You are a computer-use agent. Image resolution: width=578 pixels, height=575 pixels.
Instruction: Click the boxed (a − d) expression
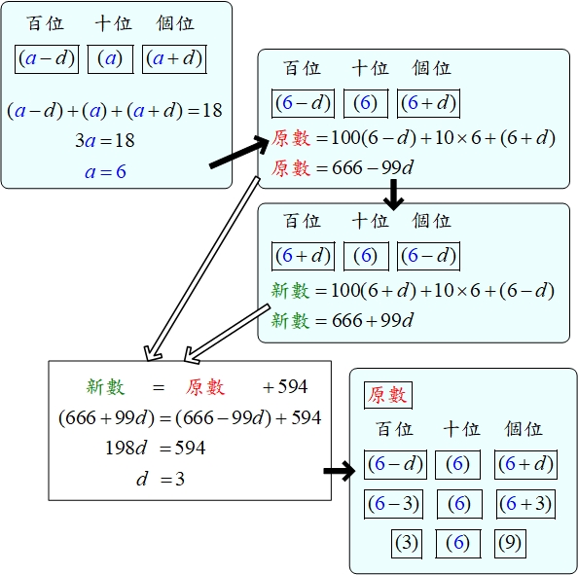(47, 59)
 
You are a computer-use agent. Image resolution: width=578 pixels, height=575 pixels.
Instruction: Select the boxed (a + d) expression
(174, 59)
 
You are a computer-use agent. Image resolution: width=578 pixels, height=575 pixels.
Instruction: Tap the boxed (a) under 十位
(110, 59)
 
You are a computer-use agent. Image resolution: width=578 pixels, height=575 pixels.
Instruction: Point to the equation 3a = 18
(105, 140)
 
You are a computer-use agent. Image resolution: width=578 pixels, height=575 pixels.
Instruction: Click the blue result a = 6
(105, 172)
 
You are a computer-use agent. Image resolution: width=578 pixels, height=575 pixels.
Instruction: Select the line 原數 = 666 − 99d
(343, 168)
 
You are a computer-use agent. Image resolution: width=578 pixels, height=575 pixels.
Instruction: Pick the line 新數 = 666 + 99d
(343, 320)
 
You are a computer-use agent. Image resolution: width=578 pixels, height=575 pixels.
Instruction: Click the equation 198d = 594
(155, 449)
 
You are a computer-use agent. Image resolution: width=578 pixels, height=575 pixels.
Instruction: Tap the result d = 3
(161, 479)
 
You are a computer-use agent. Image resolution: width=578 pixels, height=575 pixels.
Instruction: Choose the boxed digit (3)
(406, 544)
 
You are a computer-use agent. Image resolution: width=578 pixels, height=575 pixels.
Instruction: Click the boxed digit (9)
(510, 544)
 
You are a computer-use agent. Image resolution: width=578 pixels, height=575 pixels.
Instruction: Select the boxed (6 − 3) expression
(393, 504)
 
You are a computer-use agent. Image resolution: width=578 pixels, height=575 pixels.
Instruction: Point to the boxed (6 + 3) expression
(525, 504)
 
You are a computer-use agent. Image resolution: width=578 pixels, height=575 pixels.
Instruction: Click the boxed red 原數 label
(388, 395)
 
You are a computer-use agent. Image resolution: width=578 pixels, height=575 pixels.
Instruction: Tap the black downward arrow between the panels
(394, 195)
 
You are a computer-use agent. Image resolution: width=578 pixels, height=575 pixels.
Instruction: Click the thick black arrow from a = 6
(239, 152)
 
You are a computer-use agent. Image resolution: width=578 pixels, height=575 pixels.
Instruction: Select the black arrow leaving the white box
(340, 471)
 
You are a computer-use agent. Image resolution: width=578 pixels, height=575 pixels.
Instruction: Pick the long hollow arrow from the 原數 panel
(202, 269)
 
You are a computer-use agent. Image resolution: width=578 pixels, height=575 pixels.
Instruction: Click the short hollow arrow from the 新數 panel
(227, 334)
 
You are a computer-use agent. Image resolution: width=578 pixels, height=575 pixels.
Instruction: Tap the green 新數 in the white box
(105, 387)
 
